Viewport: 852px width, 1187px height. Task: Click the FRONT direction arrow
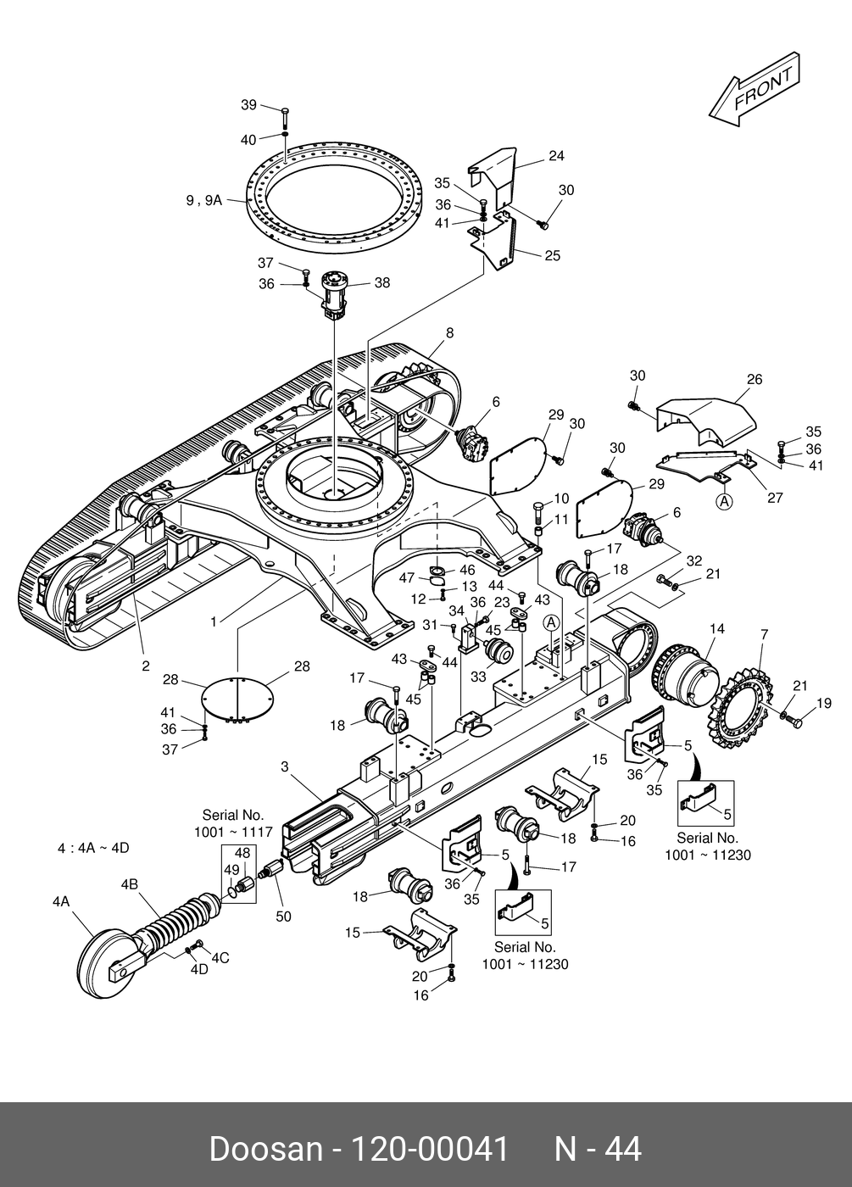(x=754, y=89)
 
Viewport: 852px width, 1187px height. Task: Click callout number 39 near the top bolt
(x=248, y=105)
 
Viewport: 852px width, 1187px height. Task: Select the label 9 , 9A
(x=204, y=200)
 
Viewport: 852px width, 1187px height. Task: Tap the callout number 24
(x=556, y=156)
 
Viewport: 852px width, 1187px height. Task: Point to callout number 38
(x=382, y=283)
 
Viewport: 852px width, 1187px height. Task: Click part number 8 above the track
(x=450, y=332)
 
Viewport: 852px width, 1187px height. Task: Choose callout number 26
(x=755, y=380)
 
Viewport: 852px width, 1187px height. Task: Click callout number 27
(x=775, y=498)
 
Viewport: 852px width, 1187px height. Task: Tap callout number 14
(x=716, y=629)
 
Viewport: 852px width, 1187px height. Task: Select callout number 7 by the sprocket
(x=764, y=634)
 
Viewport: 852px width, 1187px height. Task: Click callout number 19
(x=824, y=703)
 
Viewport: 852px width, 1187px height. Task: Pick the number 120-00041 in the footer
(x=429, y=1150)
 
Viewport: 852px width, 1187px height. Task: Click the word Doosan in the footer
(x=266, y=1150)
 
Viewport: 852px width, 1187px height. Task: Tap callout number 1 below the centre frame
(x=214, y=621)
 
